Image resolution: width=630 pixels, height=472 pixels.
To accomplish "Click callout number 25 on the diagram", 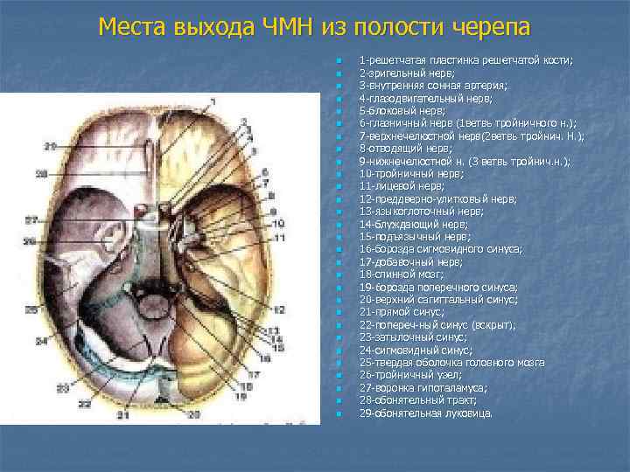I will coord(31,309).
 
